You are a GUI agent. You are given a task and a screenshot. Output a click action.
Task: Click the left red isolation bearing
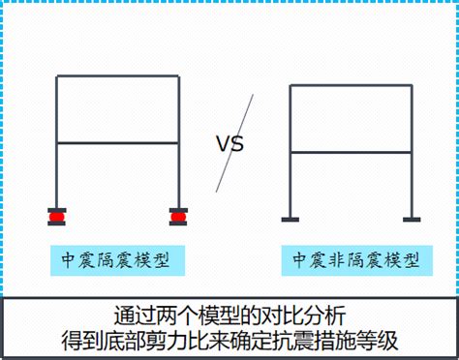click(57, 217)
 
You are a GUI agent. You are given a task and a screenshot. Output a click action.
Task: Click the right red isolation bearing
click(178, 217)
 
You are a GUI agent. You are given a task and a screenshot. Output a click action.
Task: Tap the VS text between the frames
click(229, 144)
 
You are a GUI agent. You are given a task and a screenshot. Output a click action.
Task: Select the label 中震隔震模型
click(117, 260)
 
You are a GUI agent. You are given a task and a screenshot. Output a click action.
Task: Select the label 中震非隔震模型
click(357, 260)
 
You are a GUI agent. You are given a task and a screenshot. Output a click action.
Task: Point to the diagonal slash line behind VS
click(234, 143)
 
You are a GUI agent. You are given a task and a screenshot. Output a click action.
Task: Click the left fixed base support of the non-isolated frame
click(291, 220)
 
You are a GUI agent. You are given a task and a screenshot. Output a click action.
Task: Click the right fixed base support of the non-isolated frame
click(412, 220)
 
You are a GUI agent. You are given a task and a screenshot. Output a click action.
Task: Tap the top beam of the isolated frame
click(118, 76)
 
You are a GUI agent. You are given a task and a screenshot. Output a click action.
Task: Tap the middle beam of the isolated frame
click(118, 142)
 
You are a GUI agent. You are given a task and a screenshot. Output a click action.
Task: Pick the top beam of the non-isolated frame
click(352, 85)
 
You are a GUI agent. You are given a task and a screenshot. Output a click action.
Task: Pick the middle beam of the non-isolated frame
click(352, 152)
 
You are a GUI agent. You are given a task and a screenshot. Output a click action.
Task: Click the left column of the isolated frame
click(57, 141)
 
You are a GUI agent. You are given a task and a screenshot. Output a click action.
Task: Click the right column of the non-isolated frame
click(412, 151)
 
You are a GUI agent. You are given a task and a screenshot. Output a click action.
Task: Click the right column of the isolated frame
click(179, 141)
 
